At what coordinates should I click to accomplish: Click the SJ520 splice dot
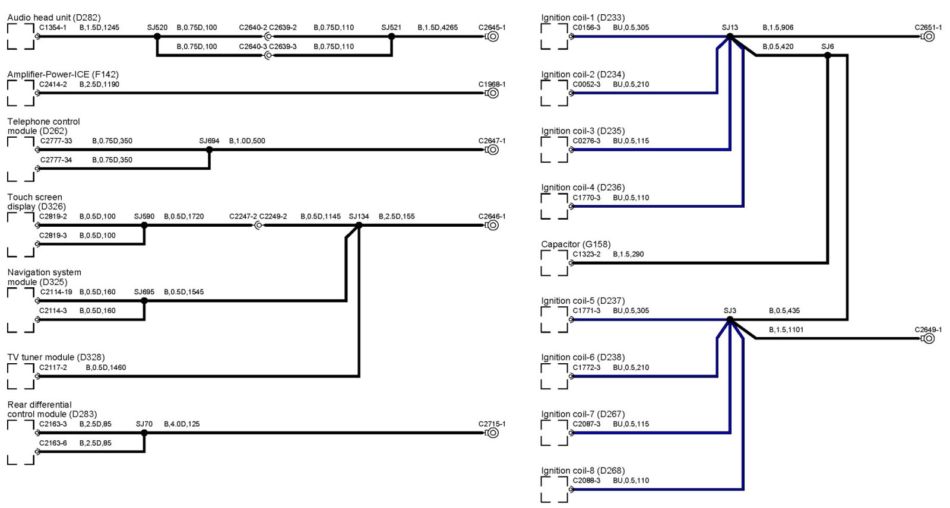click(157, 37)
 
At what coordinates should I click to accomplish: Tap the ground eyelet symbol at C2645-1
click(492, 37)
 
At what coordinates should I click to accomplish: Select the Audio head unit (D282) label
click(54, 18)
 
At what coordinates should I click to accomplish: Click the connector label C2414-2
click(53, 84)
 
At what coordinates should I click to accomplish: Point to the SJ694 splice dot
click(209, 150)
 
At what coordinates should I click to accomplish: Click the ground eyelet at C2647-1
click(492, 150)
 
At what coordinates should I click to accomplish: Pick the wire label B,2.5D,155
click(397, 217)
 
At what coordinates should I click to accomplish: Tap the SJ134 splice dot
click(359, 226)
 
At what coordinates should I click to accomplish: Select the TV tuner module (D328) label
click(56, 357)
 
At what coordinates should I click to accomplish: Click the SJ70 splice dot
click(144, 433)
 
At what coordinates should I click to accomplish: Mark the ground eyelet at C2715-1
click(492, 433)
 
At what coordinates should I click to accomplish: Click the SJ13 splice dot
click(730, 37)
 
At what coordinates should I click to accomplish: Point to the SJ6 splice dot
click(828, 56)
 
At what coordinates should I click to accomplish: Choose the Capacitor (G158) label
click(575, 245)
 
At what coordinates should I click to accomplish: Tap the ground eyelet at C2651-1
click(929, 37)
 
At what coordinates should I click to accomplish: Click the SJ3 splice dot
click(730, 320)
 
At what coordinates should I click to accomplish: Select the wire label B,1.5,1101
click(786, 330)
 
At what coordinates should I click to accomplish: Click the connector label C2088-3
click(586, 481)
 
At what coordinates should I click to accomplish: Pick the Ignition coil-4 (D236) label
click(582, 188)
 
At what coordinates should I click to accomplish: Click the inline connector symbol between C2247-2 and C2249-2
click(258, 226)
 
